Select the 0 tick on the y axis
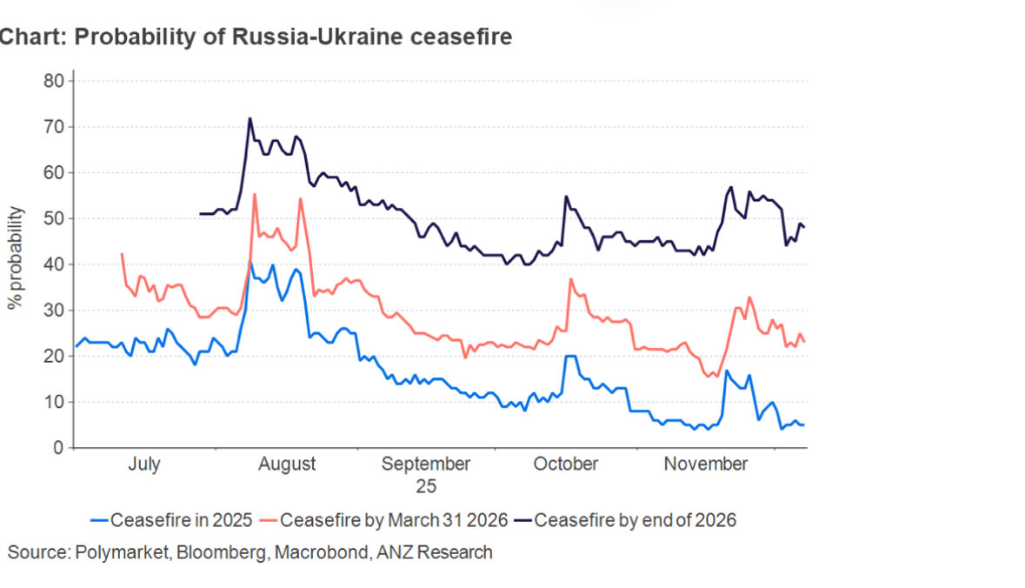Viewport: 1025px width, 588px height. [57, 448]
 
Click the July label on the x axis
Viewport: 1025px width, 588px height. [143, 464]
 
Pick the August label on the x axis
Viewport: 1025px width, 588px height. [287, 464]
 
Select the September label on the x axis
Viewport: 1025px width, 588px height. [426, 464]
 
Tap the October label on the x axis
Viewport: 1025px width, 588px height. [565, 464]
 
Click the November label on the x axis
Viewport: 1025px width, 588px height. [705, 464]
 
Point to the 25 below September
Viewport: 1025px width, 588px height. [426, 485]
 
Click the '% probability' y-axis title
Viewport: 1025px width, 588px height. [15, 258]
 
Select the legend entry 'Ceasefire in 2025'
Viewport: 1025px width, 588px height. [171, 521]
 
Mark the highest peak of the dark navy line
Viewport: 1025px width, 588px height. [250, 118]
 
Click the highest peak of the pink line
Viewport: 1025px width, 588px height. [254, 194]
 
